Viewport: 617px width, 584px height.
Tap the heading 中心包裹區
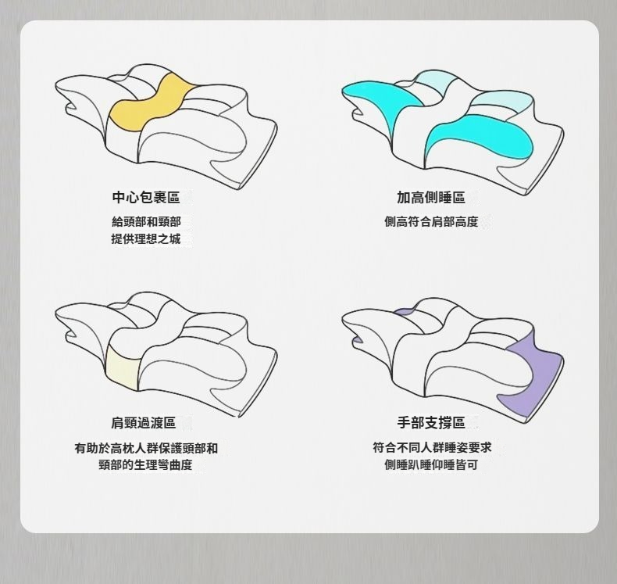[146, 197]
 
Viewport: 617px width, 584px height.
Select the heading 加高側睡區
[431, 197]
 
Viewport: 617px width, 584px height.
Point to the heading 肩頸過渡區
[143, 422]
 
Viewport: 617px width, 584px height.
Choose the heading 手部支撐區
[431, 422]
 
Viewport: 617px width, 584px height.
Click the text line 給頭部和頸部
[146, 222]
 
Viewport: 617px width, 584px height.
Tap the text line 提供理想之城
[146, 238]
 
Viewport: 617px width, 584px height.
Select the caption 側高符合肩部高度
[431, 222]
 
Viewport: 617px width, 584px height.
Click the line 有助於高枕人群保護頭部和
[146, 448]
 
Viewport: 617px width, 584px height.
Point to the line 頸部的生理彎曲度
[145, 464]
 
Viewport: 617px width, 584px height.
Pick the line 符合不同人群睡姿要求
[432, 447]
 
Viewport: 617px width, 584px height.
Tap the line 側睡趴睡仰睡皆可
[431, 464]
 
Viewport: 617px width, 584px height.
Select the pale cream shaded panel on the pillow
[122, 373]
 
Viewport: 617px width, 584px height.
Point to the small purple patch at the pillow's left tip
[358, 340]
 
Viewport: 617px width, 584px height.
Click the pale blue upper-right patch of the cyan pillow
[501, 102]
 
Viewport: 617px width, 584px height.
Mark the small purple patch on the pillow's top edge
[403, 312]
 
